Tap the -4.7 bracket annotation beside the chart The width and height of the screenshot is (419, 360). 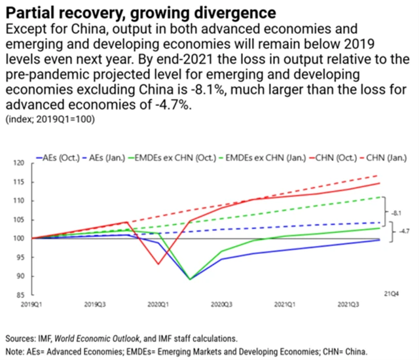(x=396, y=232)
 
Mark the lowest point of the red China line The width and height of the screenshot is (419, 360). (x=158, y=264)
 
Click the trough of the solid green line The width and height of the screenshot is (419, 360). (x=190, y=279)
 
